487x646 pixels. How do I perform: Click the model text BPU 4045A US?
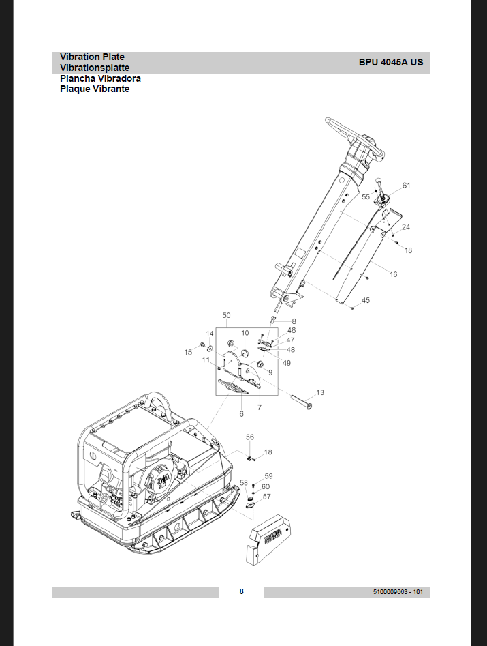coord(390,62)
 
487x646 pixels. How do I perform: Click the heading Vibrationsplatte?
coord(95,68)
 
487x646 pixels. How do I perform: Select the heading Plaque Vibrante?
coord(95,89)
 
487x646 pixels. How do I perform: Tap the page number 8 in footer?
coord(241,591)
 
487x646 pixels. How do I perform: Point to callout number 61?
coord(406,186)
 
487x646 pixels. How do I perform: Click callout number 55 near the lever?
coord(366,196)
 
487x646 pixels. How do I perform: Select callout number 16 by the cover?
coord(394,274)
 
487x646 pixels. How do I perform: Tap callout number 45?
coord(366,301)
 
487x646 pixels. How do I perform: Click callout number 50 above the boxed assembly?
coord(226,316)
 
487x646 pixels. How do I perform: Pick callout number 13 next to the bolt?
coord(320,392)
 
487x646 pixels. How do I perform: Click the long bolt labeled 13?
coord(300,400)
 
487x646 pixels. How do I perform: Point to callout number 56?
coord(250,437)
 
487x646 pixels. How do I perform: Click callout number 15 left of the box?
coord(189,352)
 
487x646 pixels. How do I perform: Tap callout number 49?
coord(287,363)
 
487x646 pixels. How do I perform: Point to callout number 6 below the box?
coord(241,414)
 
